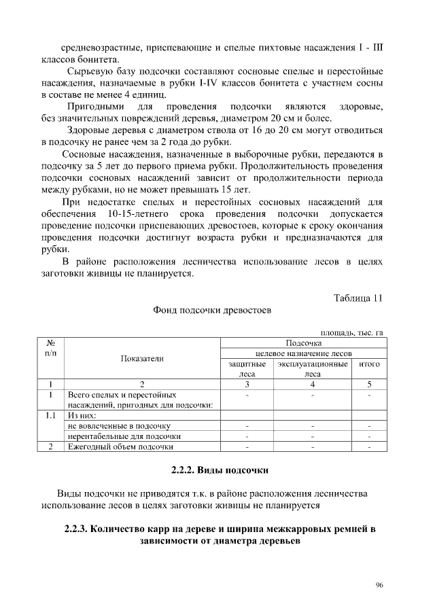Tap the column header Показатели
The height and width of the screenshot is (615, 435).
(x=142, y=358)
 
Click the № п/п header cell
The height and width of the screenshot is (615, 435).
(x=51, y=349)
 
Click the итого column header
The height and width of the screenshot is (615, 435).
(x=369, y=364)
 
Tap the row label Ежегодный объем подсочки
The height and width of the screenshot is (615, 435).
(x=120, y=446)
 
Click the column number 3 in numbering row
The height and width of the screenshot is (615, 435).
(x=247, y=384)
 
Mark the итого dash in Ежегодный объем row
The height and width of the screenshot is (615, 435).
(x=369, y=446)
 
